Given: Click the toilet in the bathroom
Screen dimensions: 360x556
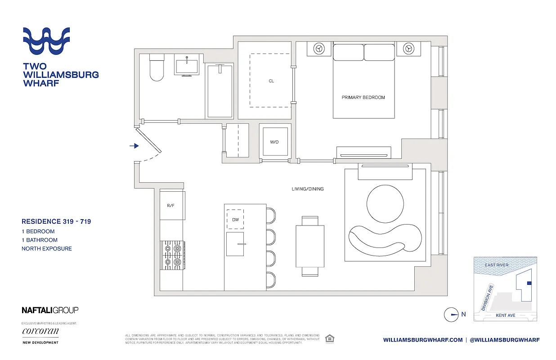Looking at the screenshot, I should click(x=157, y=68).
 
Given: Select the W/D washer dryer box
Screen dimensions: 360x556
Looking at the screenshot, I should click(x=274, y=142).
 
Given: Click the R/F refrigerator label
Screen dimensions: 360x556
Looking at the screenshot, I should click(x=170, y=206).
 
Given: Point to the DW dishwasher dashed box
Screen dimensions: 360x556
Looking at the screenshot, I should click(x=235, y=219).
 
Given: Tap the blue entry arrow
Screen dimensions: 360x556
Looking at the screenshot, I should click(x=134, y=146).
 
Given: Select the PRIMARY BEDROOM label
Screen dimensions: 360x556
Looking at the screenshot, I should click(x=363, y=97).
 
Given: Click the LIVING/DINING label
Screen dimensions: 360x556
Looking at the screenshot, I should click(x=307, y=189).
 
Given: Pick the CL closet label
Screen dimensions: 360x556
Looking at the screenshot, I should click(x=271, y=81).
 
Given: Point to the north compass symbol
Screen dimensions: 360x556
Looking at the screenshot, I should click(x=451, y=315).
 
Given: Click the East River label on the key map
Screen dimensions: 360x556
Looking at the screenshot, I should click(x=497, y=265).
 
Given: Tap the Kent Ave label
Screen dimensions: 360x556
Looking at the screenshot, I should click(x=505, y=315).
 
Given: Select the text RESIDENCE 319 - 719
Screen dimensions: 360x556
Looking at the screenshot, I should click(x=56, y=221).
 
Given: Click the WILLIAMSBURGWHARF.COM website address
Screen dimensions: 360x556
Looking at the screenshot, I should click(x=423, y=340).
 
